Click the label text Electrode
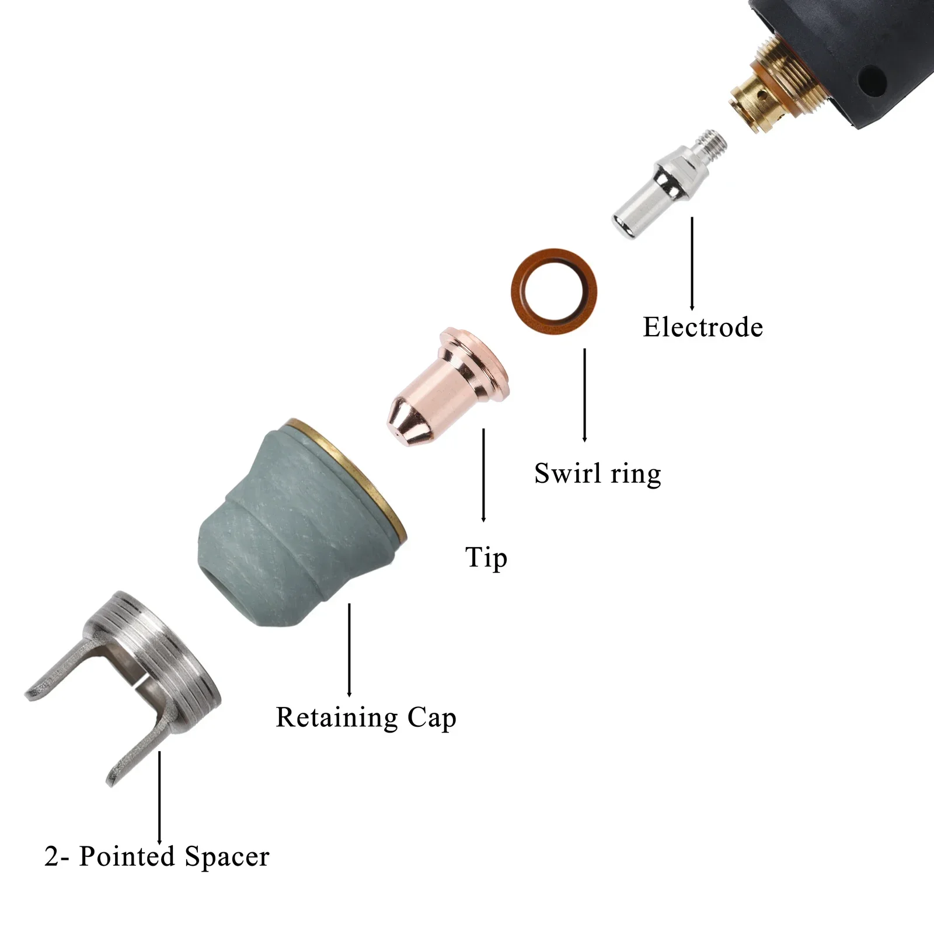tap(703, 327)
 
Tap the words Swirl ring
tap(597, 473)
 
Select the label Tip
tap(486, 557)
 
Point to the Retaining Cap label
tap(365, 717)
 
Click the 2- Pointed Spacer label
tap(156, 856)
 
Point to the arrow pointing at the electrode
tap(692, 263)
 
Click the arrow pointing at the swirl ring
tap(584, 395)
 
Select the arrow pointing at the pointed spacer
tap(159, 797)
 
